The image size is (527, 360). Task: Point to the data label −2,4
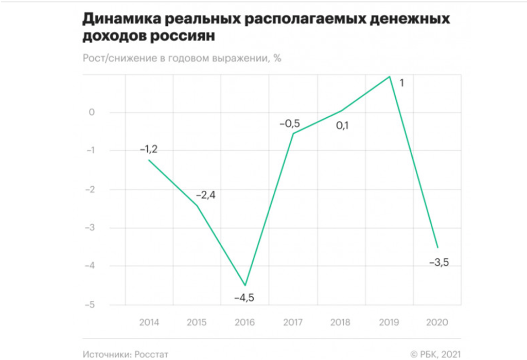pos(205,196)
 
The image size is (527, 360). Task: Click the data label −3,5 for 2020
pos(439,264)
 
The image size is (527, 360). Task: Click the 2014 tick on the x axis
pos(149,323)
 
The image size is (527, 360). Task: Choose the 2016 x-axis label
pos(244,323)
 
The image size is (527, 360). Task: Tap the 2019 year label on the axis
pos(390,323)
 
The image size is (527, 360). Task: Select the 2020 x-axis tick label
pos(438,323)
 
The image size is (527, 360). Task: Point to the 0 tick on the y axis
pos(92,112)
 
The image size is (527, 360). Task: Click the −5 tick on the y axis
pos(90,304)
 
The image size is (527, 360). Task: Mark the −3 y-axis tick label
pos(90,227)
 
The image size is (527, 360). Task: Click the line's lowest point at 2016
pos(245,285)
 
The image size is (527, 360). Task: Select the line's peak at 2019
pos(390,77)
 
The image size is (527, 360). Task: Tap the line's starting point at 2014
pos(149,160)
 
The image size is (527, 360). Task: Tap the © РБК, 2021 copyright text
pos(435,354)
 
